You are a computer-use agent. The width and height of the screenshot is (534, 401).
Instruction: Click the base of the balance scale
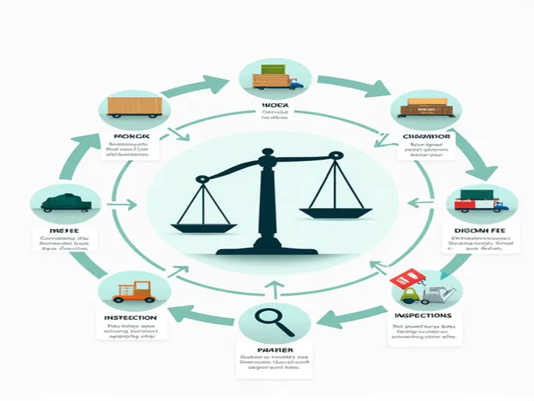click(x=267, y=251)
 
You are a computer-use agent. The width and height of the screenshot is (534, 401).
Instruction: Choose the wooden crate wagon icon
click(x=134, y=107)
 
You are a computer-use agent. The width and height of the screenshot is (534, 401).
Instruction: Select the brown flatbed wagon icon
click(x=422, y=108)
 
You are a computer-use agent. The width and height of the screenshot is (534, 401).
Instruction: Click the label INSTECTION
click(x=130, y=318)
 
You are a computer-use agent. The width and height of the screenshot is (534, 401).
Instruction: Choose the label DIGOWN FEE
click(x=480, y=232)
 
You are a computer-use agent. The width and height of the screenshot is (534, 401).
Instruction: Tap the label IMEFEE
click(x=59, y=232)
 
